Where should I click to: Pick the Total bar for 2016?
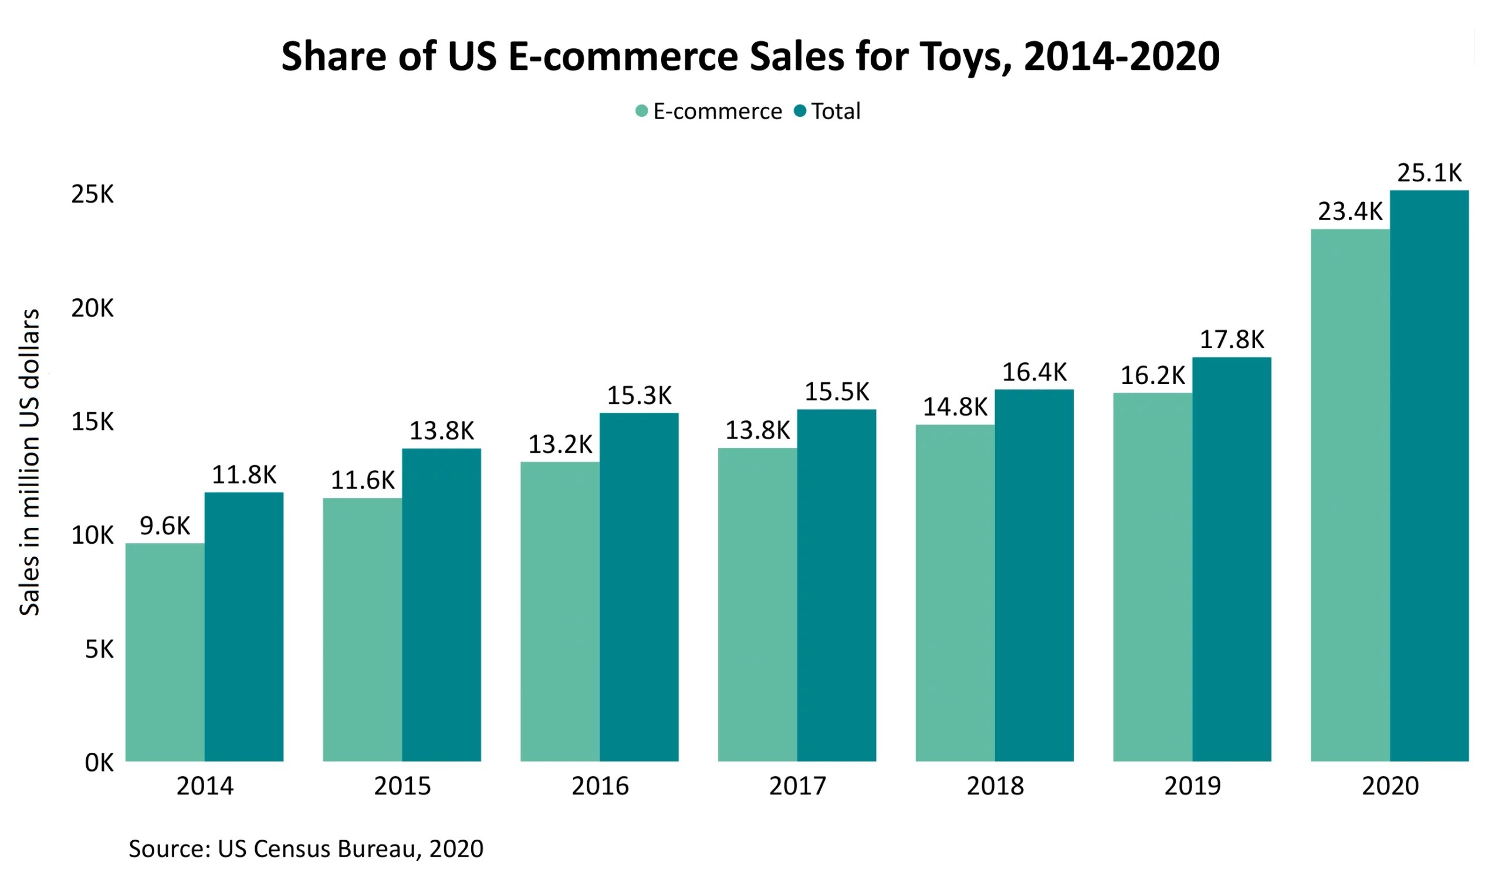click(638, 587)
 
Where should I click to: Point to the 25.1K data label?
click(1429, 173)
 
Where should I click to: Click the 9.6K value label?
click(164, 526)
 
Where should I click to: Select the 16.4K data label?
click(1034, 372)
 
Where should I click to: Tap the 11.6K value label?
click(363, 480)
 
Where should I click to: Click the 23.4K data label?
click(1349, 212)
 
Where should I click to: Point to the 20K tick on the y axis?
click(92, 308)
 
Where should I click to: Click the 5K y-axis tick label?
click(99, 649)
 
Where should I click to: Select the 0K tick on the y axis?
click(99, 762)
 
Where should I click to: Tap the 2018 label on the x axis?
click(994, 786)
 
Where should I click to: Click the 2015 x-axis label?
click(402, 786)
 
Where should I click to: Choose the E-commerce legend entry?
click(709, 112)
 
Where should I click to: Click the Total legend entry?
click(828, 112)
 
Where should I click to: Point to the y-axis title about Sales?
click(29, 462)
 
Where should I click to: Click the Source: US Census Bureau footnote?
click(306, 848)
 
